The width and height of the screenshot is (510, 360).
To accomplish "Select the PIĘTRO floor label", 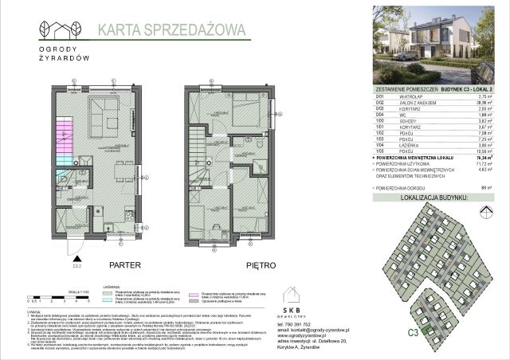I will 238,264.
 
